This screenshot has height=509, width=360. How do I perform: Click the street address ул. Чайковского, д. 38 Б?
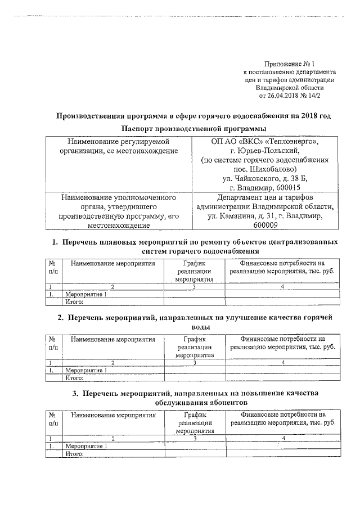265,178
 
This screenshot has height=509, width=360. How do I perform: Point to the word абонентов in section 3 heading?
220,403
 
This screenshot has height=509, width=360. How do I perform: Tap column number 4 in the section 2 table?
283,363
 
